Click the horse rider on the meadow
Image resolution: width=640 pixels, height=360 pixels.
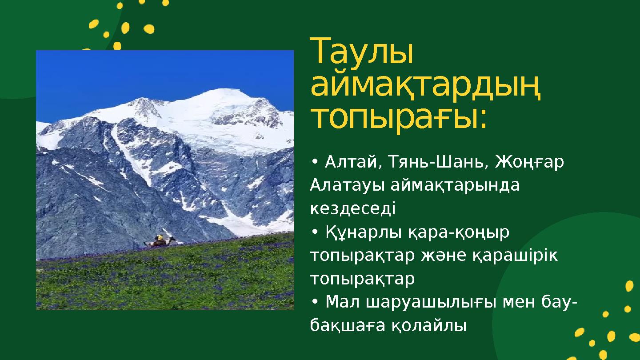click(160, 240)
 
